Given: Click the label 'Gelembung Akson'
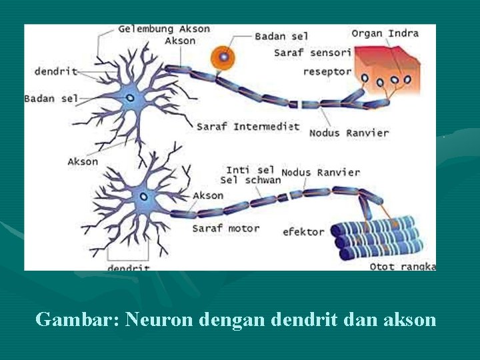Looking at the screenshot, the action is (164, 29).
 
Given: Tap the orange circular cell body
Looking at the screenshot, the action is (224, 57).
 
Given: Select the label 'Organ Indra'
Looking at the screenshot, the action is (385, 33).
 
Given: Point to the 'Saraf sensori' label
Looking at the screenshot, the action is (312, 52).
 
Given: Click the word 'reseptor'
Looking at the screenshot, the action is (327, 71).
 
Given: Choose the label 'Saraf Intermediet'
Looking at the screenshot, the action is (247, 127).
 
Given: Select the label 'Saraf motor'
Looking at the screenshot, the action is (225, 228).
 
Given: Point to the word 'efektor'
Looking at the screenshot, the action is (303, 232).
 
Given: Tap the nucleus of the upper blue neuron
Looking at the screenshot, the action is (130, 98).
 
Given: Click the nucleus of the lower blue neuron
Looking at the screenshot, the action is (143, 196).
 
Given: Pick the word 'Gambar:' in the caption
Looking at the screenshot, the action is (73, 319).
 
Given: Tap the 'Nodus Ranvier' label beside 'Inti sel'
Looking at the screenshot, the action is (321, 172).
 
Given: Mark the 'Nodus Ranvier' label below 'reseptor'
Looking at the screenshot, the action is (349, 133).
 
